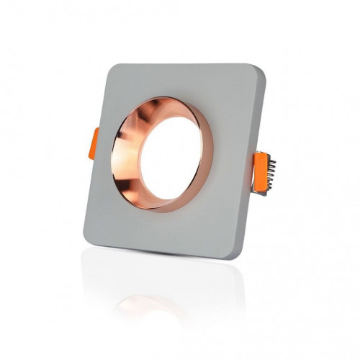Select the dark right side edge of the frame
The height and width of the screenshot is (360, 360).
256,209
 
